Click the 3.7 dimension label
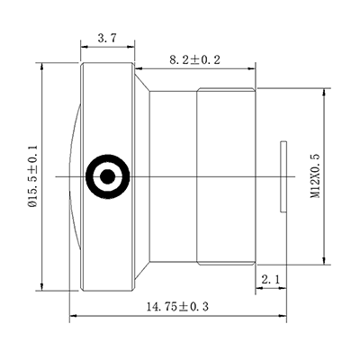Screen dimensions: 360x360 tap(107, 38)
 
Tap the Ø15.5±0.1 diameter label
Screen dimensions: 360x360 tap(33, 178)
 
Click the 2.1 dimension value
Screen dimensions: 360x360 tap(270, 281)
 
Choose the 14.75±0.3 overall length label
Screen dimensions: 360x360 tap(176, 306)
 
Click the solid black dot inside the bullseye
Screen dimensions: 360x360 tap(107, 176)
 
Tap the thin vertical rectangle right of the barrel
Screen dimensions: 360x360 tap(283, 176)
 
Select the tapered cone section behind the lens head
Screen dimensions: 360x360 tap(142, 176)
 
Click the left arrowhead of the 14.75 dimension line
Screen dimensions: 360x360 tap(73, 316)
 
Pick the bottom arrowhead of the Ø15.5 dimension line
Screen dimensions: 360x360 tap(43, 288)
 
